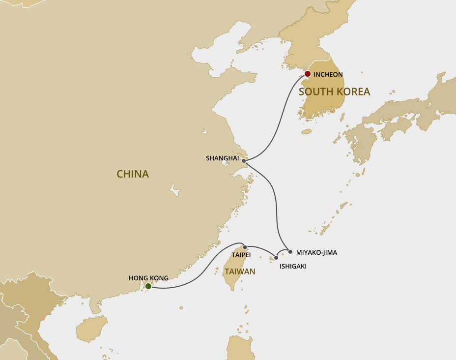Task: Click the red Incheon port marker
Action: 308,74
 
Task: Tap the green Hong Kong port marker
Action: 148,286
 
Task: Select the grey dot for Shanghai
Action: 244,160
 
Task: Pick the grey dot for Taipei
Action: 245,247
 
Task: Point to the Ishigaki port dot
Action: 276,257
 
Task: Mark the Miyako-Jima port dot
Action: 290,252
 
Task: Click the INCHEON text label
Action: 328,74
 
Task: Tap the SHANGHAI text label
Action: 222,158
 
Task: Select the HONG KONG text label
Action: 148,278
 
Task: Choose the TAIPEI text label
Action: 241,255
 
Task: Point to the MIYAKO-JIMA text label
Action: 316,252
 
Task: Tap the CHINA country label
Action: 133,174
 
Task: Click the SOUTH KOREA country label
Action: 334,92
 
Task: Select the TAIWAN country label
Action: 239,271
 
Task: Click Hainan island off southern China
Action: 92,329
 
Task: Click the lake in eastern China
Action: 174,189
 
